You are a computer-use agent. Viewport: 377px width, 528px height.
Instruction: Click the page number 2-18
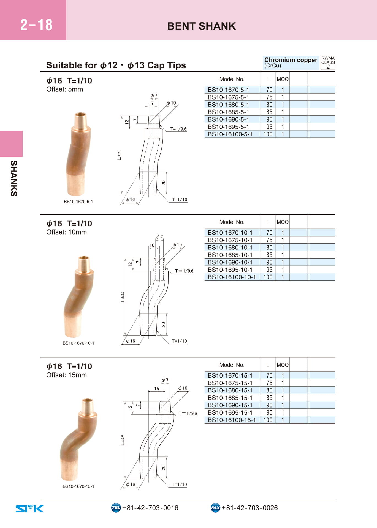[36, 25]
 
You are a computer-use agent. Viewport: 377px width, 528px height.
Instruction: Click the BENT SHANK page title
[201, 26]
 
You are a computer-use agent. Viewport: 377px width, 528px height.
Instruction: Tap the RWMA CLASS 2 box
[328, 63]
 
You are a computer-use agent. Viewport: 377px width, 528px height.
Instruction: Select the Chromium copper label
[291, 60]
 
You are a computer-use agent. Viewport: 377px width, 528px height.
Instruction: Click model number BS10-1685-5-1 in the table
[228, 112]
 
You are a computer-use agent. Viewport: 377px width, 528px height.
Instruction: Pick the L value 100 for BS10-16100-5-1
[268, 134]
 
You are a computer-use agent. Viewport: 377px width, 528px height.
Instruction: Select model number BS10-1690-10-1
[230, 262]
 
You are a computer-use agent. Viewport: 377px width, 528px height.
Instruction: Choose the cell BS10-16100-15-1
[232, 420]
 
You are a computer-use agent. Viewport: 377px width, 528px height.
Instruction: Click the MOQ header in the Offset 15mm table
[283, 365]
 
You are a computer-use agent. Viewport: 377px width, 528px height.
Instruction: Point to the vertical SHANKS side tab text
[14, 178]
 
